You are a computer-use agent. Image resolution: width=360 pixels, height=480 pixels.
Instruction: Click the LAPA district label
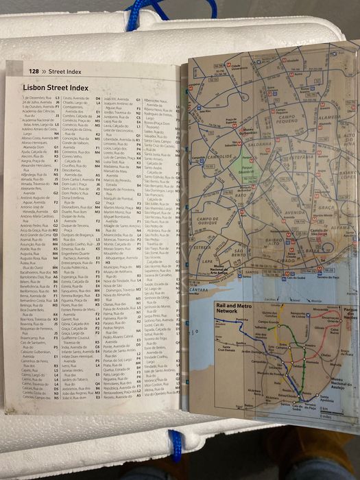coord(208,261)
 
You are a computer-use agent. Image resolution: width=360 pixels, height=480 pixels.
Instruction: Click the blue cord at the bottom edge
coord(176,446)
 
